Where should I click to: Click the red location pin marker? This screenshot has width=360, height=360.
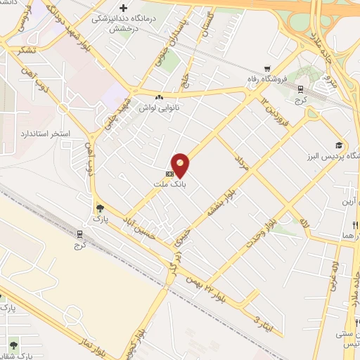click(x=181, y=166)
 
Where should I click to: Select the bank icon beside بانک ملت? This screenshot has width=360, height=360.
click(x=169, y=173)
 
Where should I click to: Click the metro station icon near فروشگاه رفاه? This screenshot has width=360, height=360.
click(x=300, y=89)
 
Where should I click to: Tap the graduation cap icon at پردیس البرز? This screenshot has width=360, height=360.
click(x=339, y=144)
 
